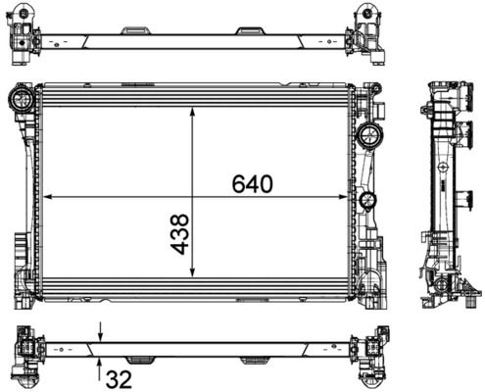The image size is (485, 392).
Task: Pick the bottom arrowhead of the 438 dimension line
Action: click(192, 275)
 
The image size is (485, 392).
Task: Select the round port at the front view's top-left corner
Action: click(21, 98)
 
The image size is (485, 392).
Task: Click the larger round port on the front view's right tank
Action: click(370, 134)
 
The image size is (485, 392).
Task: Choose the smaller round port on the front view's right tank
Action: click(367, 202)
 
